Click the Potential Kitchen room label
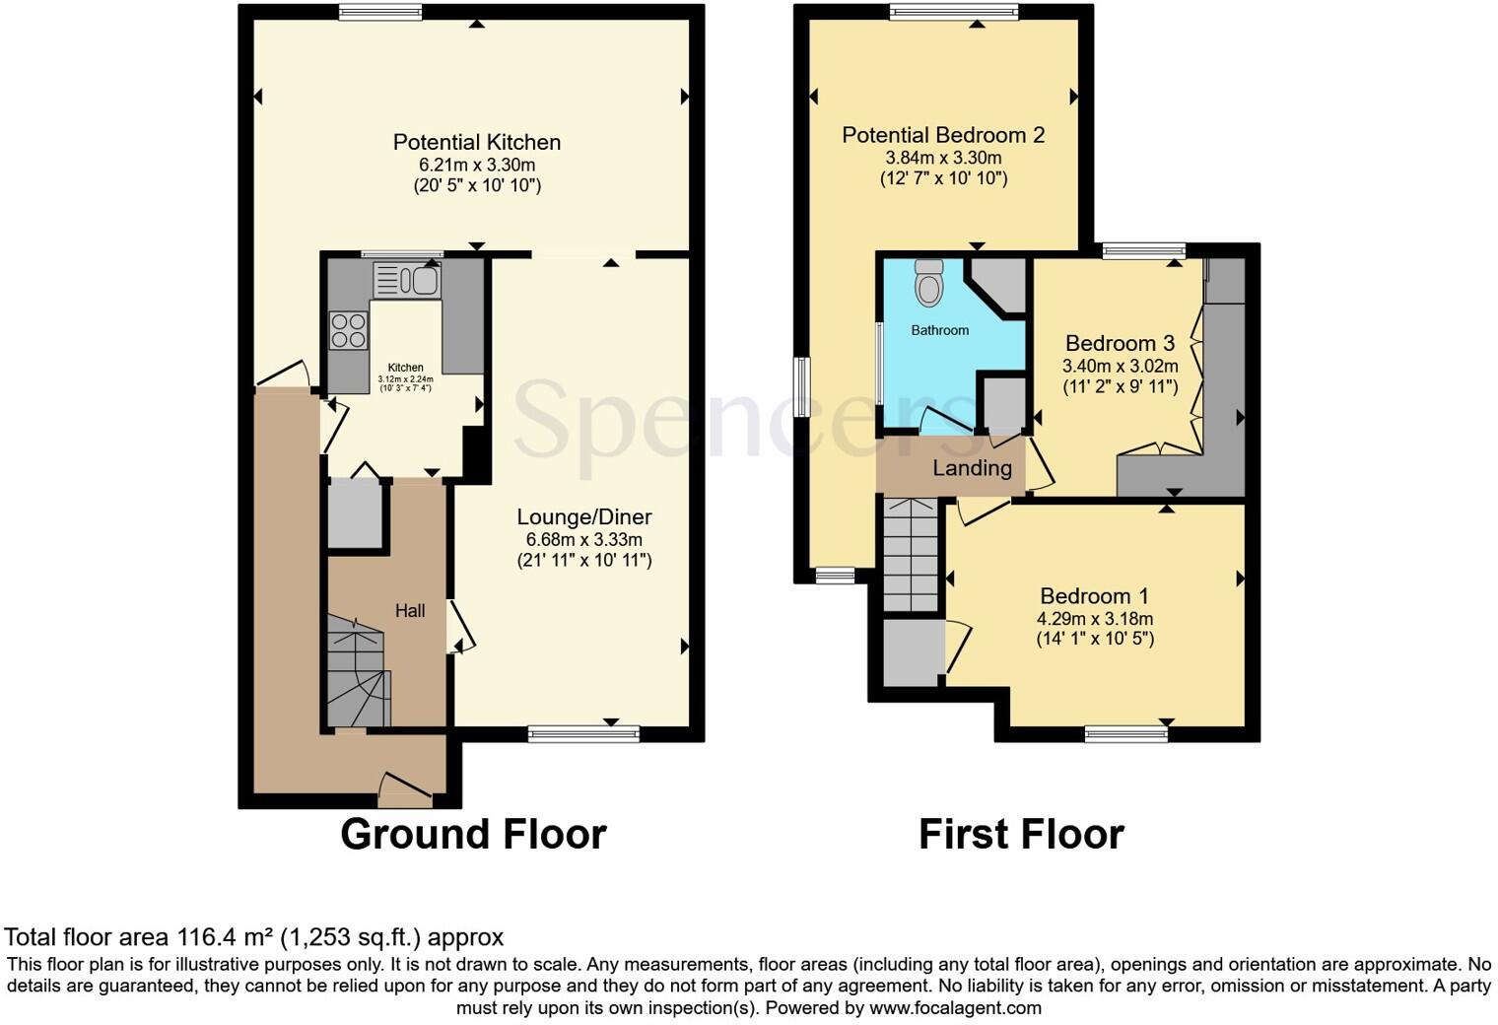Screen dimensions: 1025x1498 click(x=477, y=142)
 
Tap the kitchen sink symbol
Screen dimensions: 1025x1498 click(x=406, y=280)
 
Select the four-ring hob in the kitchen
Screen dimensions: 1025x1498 click(x=348, y=329)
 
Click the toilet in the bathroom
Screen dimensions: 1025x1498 click(x=928, y=283)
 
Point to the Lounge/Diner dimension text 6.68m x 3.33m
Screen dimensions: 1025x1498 click(x=584, y=539)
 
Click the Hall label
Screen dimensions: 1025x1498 click(x=410, y=611)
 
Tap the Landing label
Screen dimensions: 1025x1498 click(x=972, y=468)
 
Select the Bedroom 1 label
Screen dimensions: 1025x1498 click(x=1094, y=596)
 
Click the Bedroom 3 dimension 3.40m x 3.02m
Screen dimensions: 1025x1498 click(x=1120, y=366)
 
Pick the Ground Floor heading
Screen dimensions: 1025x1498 click(x=473, y=834)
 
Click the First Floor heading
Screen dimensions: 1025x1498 click(x=1021, y=834)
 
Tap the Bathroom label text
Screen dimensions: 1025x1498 click(x=939, y=330)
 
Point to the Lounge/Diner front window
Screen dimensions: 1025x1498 click(x=583, y=732)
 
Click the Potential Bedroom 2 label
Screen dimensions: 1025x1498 click(x=943, y=135)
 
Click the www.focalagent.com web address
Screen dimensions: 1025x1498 click(x=955, y=1007)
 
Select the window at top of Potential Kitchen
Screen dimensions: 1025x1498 click(x=380, y=12)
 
